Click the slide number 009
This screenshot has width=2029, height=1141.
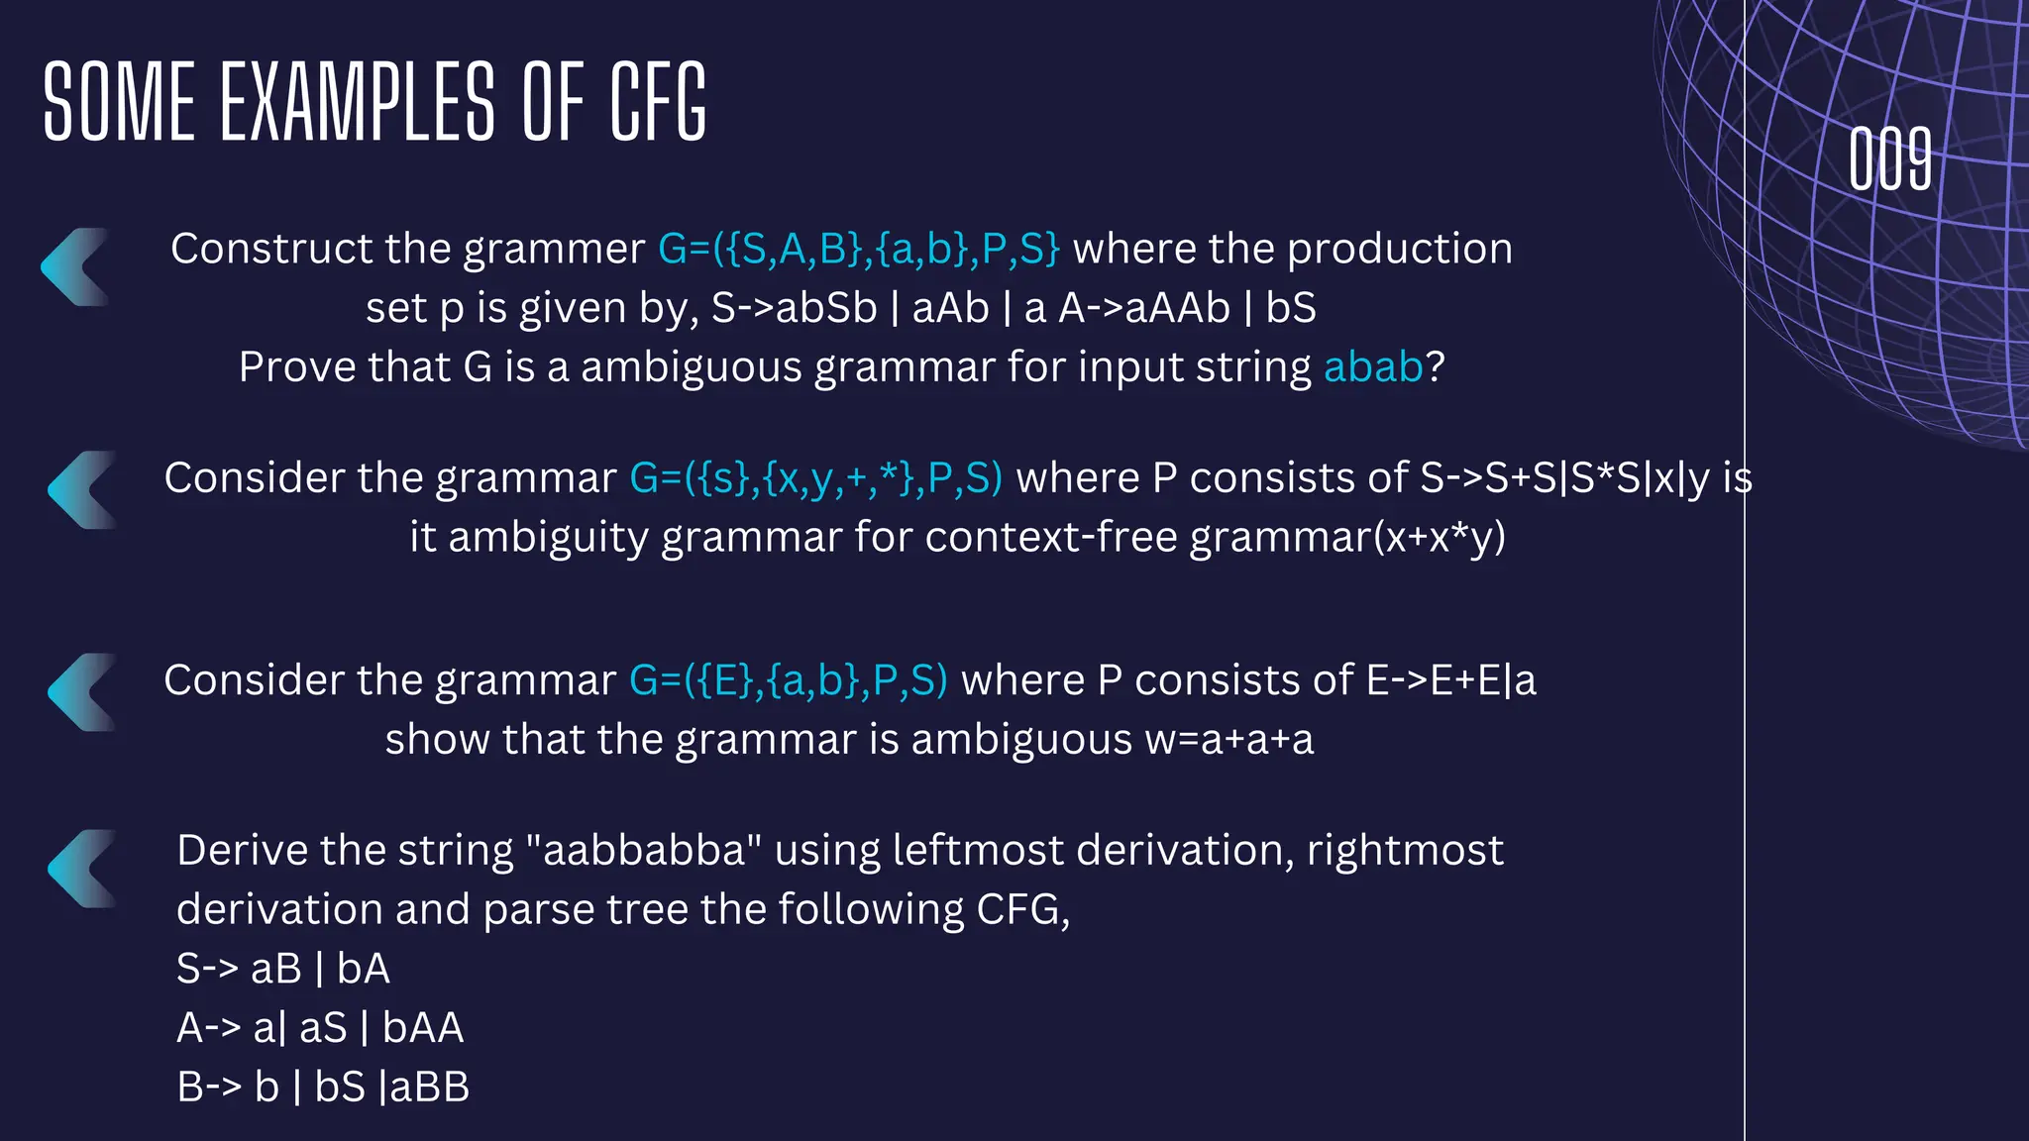pos(1890,159)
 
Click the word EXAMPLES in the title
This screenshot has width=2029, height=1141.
pos(357,102)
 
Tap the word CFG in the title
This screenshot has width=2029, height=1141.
pos(658,102)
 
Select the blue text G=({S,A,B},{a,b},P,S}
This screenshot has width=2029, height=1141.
pos(859,249)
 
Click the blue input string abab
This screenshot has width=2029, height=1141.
pos(1373,367)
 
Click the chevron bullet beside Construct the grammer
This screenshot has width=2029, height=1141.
pos(75,267)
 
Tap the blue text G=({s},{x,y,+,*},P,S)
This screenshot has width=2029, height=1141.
pos(816,478)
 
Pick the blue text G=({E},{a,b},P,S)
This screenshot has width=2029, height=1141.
pos(789,680)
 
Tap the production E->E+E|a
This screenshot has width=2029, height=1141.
pos(1451,680)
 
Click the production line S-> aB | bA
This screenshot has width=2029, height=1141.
pos(283,969)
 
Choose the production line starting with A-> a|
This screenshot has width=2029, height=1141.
pos(320,1028)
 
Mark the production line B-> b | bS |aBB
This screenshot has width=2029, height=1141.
pos(323,1088)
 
